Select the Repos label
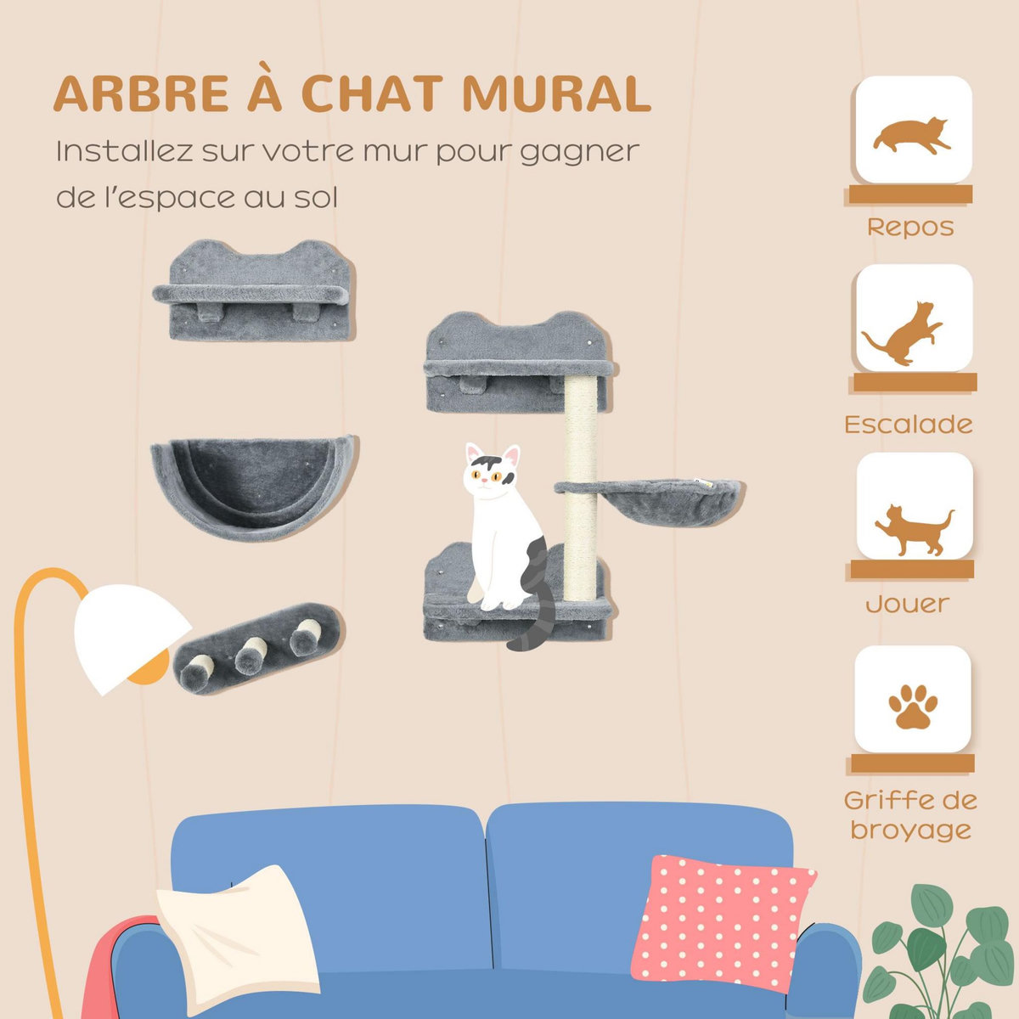(x=909, y=228)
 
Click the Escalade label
(x=909, y=424)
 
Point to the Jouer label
(x=907, y=604)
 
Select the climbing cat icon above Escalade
(x=904, y=333)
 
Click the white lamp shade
(x=127, y=633)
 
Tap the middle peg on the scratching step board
(x=250, y=655)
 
